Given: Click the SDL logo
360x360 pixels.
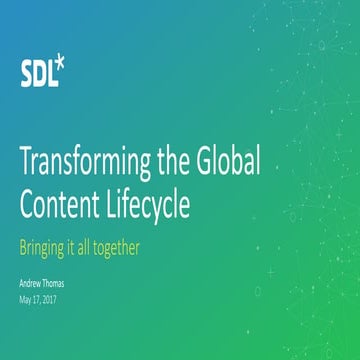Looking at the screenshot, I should (x=41, y=71).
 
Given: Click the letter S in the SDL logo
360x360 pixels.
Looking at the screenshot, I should (x=26, y=72).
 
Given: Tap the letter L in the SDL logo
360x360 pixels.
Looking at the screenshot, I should (x=50, y=72).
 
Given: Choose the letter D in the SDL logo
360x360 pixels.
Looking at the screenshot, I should (x=38, y=72).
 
